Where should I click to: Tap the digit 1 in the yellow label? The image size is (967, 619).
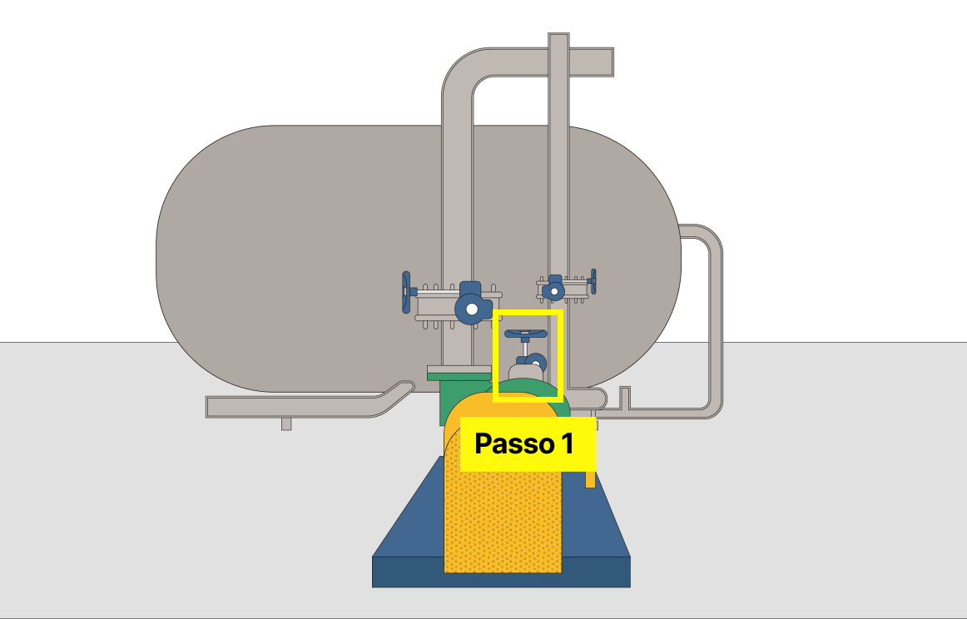pyautogui.click(x=566, y=444)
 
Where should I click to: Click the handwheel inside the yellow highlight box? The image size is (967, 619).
pyautogui.click(x=526, y=334)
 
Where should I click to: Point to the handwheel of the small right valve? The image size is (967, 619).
pyautogui.click(x=593, y=281)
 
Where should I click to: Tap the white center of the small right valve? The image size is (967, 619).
pyautogui.click(x=553, y=291)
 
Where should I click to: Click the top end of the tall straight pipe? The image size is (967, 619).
pyautogui.click(x=558, y=38)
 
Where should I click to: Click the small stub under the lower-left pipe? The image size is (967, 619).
pyautogui.click(x=286, y=423)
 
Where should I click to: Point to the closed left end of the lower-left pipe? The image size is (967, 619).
pyautogui.click(x=210, y=406)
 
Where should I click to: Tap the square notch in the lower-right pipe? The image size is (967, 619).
pyautogui.click(x=625, y=398)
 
